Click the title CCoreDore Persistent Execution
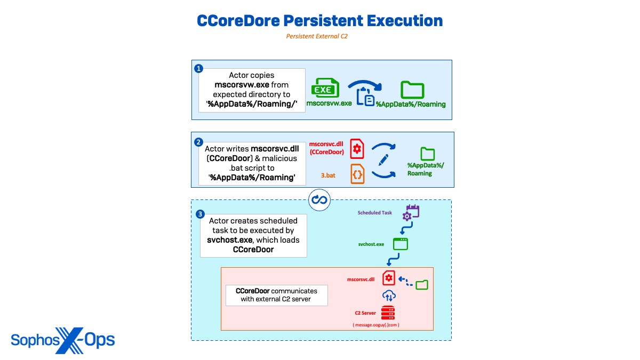pos(320,21)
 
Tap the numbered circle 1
pos(199,69)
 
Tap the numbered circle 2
pos(198,142)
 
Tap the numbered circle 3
pos(199,214)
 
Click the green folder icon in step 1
pos(412,90)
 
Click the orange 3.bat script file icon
pos(357,174)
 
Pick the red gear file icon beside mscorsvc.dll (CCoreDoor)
pos(357,149)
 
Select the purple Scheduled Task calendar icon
pos(412,212)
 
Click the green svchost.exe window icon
pos(400,244)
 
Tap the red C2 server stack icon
pos(388,313)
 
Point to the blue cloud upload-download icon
pos(388,295)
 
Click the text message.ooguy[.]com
pos(376,324)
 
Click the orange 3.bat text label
pos(328,174)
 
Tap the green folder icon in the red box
pos(422,284)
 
